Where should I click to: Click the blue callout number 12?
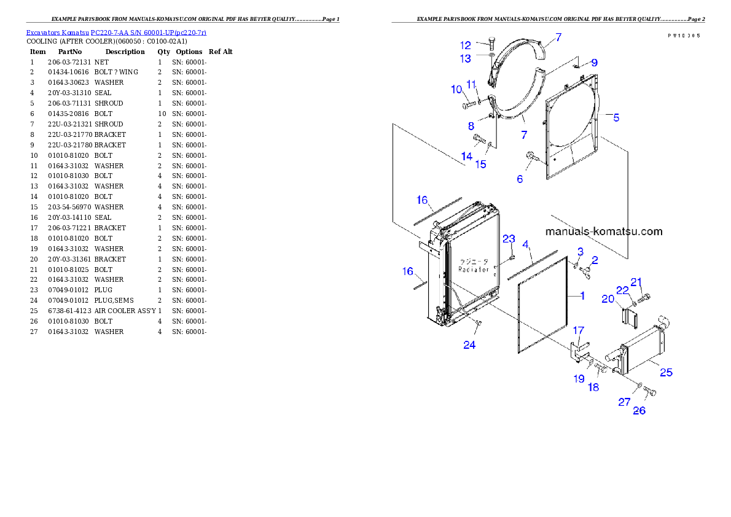[x=465, y=45]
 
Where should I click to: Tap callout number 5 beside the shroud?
[x=616, y=117]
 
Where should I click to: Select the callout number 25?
[x=666, y=372]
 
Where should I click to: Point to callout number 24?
[x=469, y=345]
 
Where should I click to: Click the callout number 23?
[x=509, y=239]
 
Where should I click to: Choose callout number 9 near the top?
[x=594, y=63]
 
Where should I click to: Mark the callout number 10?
[x=456, y=90]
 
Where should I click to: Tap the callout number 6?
[x=520, y=179]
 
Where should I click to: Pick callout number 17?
[x=579, y=330]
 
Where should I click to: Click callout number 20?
[x=608, y=299]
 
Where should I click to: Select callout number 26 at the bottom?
[x=639, y=410]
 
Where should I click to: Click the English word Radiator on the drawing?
[x=474, y=270]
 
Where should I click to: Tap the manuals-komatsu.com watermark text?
[x=604, y=231]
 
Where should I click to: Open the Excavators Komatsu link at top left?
[x=116, y=32]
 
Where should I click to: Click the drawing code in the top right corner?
[x=684, y=36]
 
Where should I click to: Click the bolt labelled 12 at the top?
[x=493, y=43]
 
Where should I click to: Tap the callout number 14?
[x=467, y=156]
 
